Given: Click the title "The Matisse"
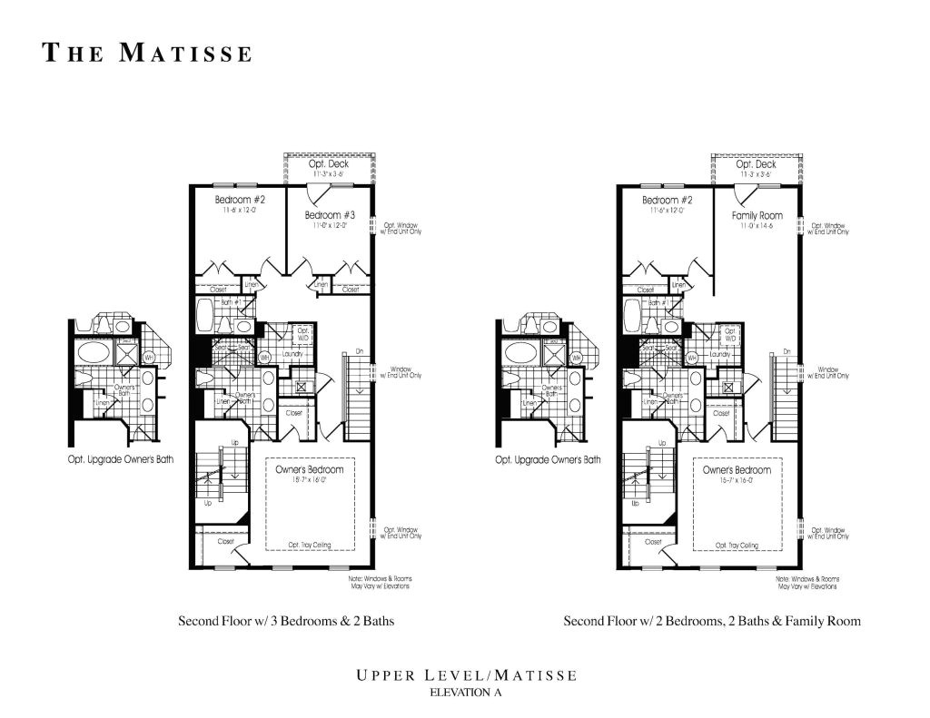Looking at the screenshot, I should click(148, 54).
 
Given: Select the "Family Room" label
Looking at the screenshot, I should click(757, 215).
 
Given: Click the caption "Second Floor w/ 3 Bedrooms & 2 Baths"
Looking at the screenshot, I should click(285, 622).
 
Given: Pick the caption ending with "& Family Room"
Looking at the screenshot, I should click(712, 622).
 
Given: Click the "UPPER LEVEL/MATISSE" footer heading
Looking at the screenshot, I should click(465, 675).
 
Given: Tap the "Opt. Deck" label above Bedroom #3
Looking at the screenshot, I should click(329, 164).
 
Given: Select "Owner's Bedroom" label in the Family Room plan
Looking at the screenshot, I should click(737, 470).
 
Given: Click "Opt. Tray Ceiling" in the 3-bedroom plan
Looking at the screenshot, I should click(310, 545).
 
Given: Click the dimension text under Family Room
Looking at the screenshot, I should click(757, 225).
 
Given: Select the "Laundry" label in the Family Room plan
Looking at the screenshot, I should click(719, 354).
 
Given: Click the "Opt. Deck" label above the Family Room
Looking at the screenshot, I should click(756, 164).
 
